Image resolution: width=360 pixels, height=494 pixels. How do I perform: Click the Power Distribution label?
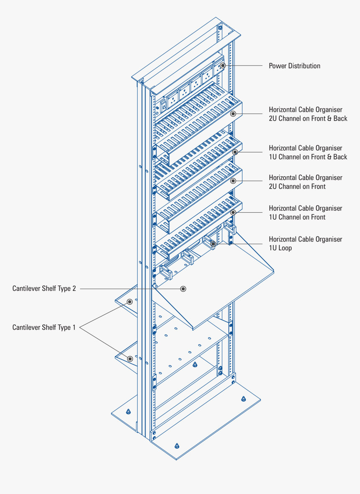[294, 66]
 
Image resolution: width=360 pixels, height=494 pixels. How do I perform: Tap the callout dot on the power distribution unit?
[223, 66]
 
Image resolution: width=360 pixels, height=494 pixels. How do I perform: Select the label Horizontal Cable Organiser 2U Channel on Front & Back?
[308, 114]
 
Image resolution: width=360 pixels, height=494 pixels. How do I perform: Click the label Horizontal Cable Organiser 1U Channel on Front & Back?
[308, 152]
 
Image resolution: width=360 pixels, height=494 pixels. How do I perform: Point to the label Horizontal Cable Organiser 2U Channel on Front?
[305, 182]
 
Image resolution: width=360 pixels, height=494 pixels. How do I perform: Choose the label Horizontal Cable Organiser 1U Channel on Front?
[305, 213]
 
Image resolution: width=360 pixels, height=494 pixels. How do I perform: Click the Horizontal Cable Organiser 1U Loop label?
[305, 244]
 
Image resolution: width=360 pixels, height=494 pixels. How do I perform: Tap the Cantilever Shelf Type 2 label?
[44, 288]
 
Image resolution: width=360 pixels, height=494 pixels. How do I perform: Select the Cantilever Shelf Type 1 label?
[44, 327]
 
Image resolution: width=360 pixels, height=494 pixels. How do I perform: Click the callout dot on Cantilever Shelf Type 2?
[183, 289]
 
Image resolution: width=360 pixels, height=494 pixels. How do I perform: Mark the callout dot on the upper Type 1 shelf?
[130, 301]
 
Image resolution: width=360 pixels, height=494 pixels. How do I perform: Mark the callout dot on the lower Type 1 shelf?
[130, 359]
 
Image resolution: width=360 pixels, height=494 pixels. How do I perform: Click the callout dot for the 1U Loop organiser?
[213, 244]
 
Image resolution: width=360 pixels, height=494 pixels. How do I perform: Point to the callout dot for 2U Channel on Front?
[233, 181]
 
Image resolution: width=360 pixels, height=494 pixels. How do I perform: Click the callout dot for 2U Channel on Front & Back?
[233, 113]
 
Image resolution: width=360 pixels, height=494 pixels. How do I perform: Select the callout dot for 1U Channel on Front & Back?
[235, 152]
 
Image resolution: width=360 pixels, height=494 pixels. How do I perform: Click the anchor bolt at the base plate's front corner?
[177, 445]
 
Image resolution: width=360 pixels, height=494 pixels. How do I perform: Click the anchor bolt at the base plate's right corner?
[243, 399]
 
